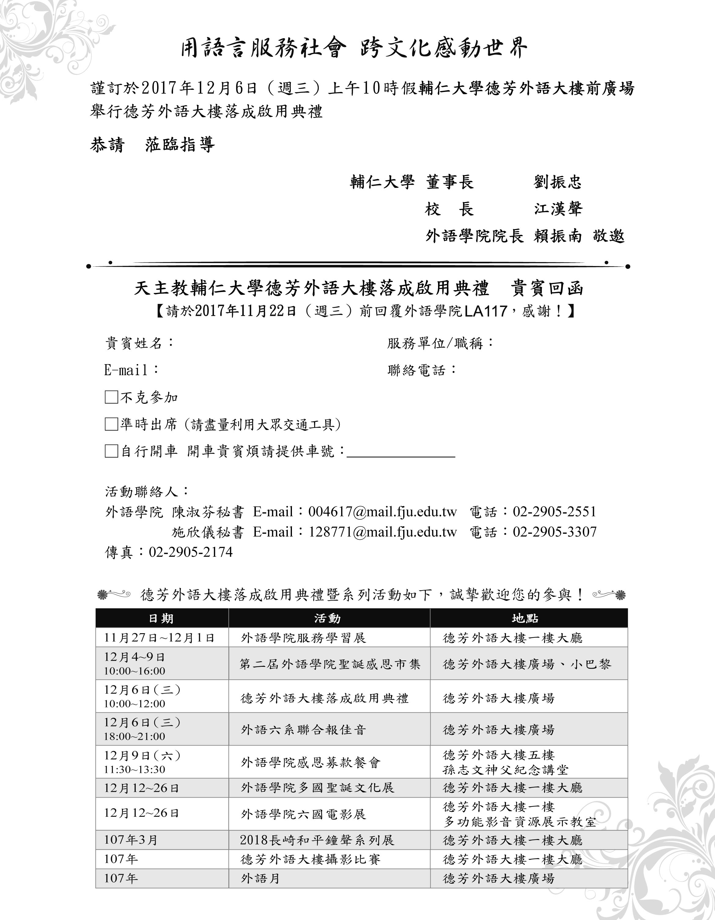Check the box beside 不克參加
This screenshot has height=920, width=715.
[111, 397]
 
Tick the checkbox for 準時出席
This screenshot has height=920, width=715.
[111, 424]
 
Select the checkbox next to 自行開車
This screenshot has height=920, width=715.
[111, 451]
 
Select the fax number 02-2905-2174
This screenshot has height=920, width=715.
[190, 552]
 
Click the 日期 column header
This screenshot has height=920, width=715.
[161, 619]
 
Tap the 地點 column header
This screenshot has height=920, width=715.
[525, 619]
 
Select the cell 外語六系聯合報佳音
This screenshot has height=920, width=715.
[303, 730]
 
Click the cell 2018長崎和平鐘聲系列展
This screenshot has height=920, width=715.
[317, 840]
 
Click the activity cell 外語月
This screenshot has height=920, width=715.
[260, 879]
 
